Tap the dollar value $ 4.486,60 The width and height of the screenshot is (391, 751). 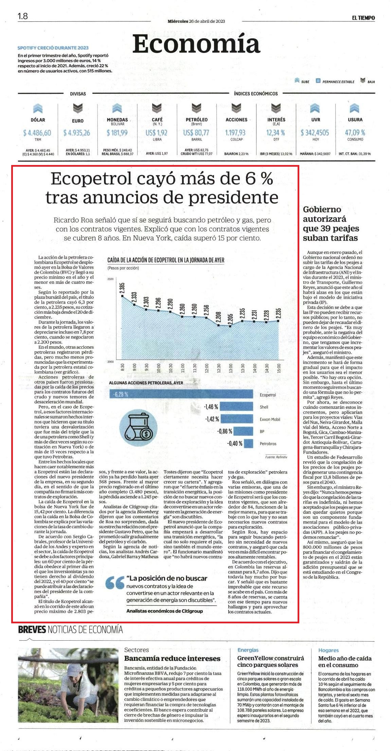[x=37, y=133]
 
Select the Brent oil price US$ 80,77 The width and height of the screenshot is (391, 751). [x=196, y=133]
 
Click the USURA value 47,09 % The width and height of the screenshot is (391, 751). [x=355, y=132]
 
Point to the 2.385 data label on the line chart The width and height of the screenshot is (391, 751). [x=122, y=288]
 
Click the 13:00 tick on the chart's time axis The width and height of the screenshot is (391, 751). [x=231, y=367]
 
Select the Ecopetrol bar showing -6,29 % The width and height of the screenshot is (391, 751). [x=181, y=394]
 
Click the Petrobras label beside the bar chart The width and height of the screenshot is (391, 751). [x=268, y=443]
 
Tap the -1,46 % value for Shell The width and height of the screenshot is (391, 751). [x=211, y=407]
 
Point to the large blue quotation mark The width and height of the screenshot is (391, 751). [x=114, y=583]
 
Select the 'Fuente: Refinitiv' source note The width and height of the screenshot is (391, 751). [x=276, y=457]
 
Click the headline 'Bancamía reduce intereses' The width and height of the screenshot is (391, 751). [x=172, y=658]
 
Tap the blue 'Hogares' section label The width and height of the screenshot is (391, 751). [x=328, y=650]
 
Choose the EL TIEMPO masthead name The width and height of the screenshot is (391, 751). [x=363, y=18]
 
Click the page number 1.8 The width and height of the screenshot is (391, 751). [x=23, y=16]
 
